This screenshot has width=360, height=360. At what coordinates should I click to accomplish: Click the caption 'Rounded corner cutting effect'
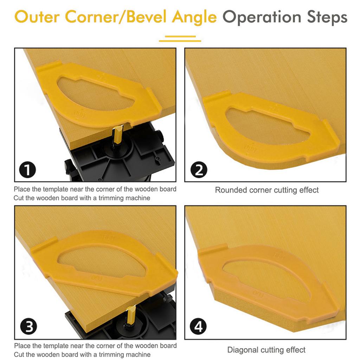[x=266, y=190]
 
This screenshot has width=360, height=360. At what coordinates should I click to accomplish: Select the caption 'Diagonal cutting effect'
[x=266, y=350]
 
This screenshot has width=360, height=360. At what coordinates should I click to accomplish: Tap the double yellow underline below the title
[x=180, y=38]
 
